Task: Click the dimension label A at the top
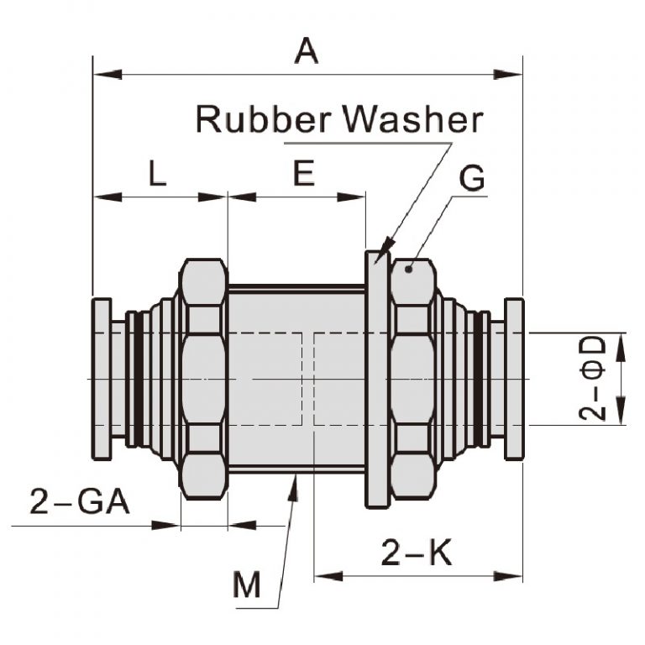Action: (x=307, y=52)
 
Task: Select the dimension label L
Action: (x=157, y=174)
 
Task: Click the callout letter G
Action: (x=473, y=179)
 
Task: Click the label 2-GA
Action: (x=80, y=502)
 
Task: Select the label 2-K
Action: (x=417, y=553)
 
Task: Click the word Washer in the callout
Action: (x=413, y=120)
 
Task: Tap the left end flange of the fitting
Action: (x=102, y=379)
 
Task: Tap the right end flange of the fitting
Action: (x=513, y=379)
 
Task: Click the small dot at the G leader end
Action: (x=407, y=269)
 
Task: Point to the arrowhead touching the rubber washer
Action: (x=385, y=249)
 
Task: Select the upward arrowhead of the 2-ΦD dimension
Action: (x=621, y=341)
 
